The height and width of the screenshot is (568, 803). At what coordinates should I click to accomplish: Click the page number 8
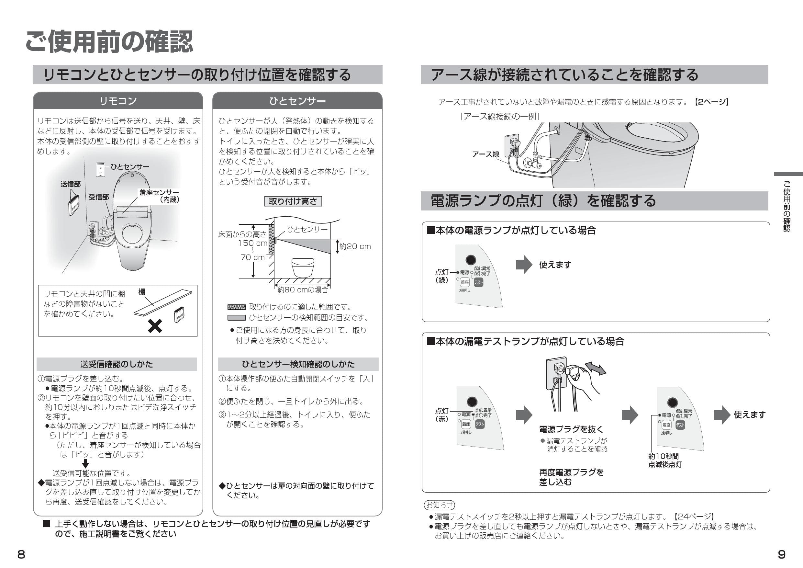pyautogui.click(x=21, y=554)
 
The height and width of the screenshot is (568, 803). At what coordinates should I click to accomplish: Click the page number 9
pyautogui.click(x=781, y=554)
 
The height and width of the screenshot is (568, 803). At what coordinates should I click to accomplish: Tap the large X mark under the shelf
pyautogui.click(x=155, y=326)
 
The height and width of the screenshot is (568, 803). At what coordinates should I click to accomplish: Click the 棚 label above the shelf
pyautogui.click(x=142, y=292)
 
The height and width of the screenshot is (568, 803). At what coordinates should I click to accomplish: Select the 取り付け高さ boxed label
pyautogui.click(x=293, y=201)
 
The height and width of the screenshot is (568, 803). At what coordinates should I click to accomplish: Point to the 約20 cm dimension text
pyautogui.click(x=355, y=246)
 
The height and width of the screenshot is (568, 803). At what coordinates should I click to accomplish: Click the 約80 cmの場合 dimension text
pyautogui.click(x=303, y=290)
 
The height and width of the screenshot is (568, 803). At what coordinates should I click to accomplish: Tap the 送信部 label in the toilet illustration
pyautogui.click(x=70, y=184)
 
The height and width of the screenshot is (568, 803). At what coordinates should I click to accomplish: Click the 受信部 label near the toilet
pyautogui.click(x=99, y=197)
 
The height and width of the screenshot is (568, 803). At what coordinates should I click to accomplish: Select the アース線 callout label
pyautogui.click(x=485, y=154)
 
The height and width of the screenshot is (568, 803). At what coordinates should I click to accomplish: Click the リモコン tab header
pyautogui.click(x=118, y=101)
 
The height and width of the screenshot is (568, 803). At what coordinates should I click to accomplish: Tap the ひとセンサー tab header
pyautogui.click(x=297, y=101)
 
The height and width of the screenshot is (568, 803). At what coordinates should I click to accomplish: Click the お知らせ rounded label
pyautogui.click(x=440, y=505)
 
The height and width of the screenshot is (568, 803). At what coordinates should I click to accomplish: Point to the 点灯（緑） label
pyautogui.click(x=441, y=276)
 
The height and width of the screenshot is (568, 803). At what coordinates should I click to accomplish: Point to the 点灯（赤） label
pyautogui.click(x=441, y=415)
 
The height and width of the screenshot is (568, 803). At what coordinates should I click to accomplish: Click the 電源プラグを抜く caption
pyautogui.click(x=571, y=429)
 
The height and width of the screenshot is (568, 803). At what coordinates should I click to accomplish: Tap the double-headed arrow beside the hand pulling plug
pyautogui.click(x=595, y=369)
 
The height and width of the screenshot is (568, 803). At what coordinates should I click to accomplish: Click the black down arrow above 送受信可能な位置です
pyautogui.click(x=85, y=464)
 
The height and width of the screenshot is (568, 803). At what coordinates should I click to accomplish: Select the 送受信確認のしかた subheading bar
pyautogui.click(x=117, y=364)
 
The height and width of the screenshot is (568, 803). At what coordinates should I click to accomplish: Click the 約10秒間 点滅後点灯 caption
pyautogui.click(x=665, y=460)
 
